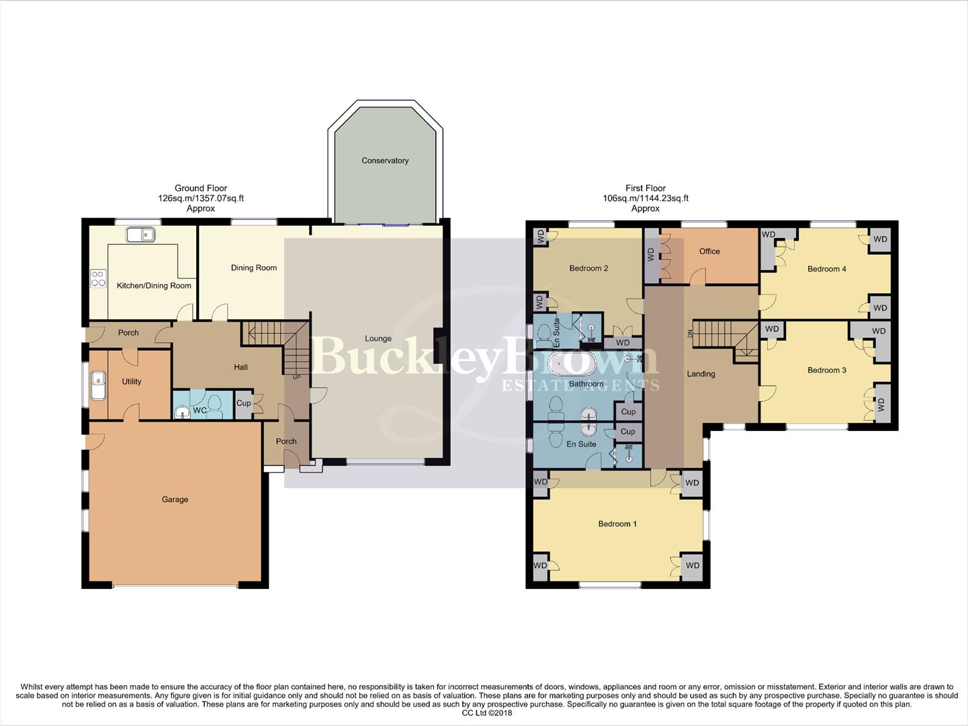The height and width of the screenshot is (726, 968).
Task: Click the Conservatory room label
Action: pyautogui.click(x=385, y=161)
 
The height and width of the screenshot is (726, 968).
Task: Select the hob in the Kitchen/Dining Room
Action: pyautogui.click(x=98, y=278)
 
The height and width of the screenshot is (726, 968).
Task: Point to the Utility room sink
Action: pyautogui.click(x=98, y=387)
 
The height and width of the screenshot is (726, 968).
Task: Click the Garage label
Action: pyautogui.click(x=175, y=499)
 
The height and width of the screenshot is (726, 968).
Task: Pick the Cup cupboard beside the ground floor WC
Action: pyautogui.click(x=243, y=403)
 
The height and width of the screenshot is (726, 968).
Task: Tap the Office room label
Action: pyautogui.click(x=709, y=251)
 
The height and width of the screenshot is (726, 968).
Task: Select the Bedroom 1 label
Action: pyautogui.click(x=617, y=524)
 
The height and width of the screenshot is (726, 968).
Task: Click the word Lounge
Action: pyautogui.click(x=378, y=339)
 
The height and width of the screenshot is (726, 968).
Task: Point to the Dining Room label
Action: pyautogui.click(x=254, y=268)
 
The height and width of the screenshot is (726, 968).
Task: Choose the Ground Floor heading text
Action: pyautogui.click(x=201, y=188)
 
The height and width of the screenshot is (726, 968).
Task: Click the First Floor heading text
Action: pyautogui.click(x=645, y=188)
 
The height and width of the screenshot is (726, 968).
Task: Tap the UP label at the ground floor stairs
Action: pyautogui.click(x=296, y=377)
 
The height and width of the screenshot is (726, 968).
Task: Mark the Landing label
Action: pyautogui.click(x=701, y=374)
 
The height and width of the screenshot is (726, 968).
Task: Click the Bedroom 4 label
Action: pyautogui.click(x=826, y=269)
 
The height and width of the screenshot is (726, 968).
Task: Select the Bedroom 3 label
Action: pyautogui.click(x=826, y=370)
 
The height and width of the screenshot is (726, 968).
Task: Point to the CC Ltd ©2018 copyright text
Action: pyautogui.click(x=487, y=713)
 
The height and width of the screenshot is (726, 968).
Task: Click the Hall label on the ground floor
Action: pyautogui.click(x=240, y=367)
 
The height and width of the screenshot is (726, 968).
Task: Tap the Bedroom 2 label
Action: pyautogui.click(x=588, y=268)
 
